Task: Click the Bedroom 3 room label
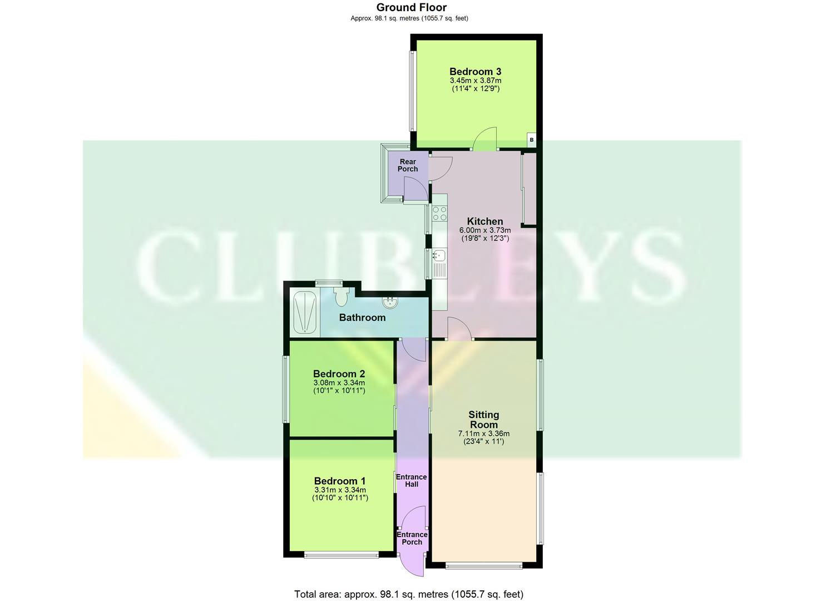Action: [475, 71]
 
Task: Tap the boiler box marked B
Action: [532, 140]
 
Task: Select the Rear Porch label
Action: [408, 165]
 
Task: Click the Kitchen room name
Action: [484, 221]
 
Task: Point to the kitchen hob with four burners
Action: [439, 214]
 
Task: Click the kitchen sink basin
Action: [439, 255]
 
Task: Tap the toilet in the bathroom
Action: [341, 295]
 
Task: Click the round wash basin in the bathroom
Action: [390, 303]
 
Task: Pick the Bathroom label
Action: [362, 318]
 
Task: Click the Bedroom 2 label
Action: [339, 374]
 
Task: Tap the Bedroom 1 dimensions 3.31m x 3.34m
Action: [340, 490]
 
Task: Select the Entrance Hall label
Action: [411, 480]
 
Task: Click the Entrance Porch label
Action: [412, 538]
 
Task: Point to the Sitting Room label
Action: [483, 420]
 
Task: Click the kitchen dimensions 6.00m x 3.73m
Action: [484, 230]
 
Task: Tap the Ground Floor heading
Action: [411, 7]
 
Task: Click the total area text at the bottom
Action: [408, 594]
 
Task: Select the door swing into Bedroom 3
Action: [486, 139]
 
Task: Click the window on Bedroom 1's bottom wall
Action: [341, 554]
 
